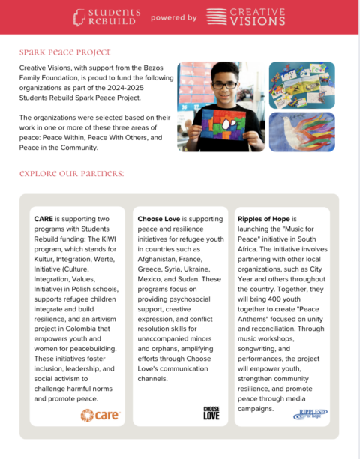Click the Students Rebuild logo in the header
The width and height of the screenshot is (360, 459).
106,16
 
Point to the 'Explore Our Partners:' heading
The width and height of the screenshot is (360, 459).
72,174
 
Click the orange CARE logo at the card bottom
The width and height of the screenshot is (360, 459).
99,414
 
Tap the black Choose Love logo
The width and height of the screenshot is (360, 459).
211,412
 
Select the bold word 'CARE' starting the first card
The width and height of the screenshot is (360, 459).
43,219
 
